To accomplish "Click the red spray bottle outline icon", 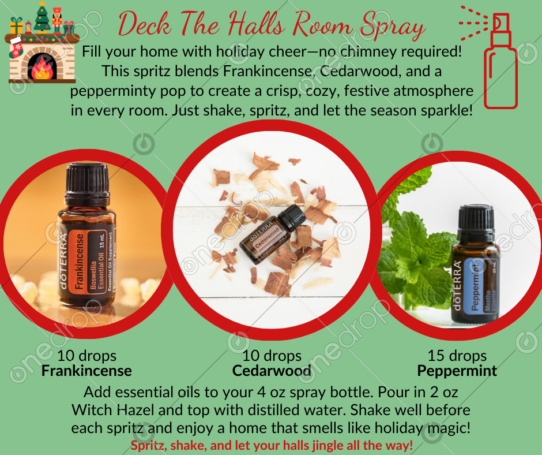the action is [x=500, y=61].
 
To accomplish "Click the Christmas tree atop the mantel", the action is [x=42, y=17].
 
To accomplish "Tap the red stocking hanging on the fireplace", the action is [x=16, y=47].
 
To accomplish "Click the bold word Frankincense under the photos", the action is [x=86, y=371].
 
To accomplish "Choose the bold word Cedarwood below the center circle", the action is [x=272, y=371].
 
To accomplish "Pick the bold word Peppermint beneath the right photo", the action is [x=457, y=371].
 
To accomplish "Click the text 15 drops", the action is [x=457, y=356].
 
